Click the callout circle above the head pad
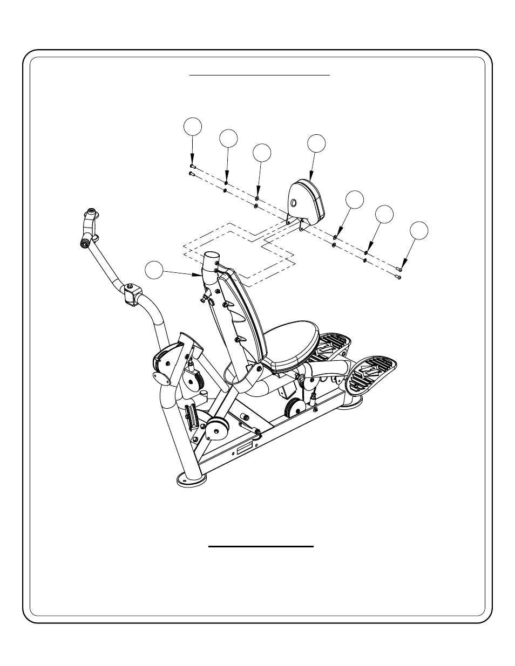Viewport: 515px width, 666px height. click(317, 143)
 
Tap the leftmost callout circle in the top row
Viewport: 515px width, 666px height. click(193, 126)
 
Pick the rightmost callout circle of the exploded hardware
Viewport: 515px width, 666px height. click(419, 230)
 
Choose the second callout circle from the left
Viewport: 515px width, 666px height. click(228, 138)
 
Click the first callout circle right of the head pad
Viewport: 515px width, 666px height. click(354, 199)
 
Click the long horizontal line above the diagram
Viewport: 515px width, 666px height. click(259, 75)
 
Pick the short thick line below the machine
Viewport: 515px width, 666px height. click(261, 546)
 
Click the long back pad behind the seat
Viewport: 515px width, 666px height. click(240, 313)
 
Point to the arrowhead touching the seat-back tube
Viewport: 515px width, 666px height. click(200, 274)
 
